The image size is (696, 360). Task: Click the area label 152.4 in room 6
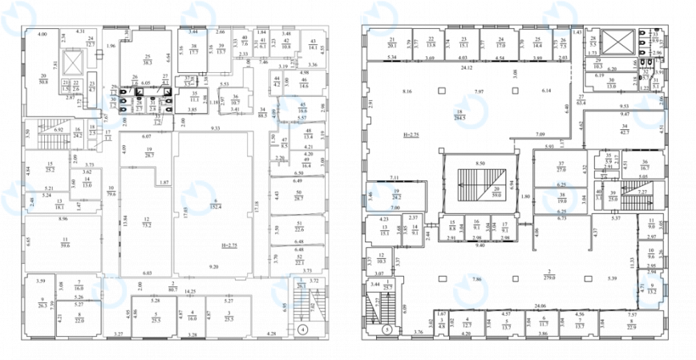[215, 205]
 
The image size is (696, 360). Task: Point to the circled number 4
[301, 329]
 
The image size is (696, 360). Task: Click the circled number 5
[387, 329]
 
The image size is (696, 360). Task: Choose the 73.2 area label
[146, 226]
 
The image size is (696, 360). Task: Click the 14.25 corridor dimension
[191, 291]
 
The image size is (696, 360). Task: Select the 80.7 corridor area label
[172, 289]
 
